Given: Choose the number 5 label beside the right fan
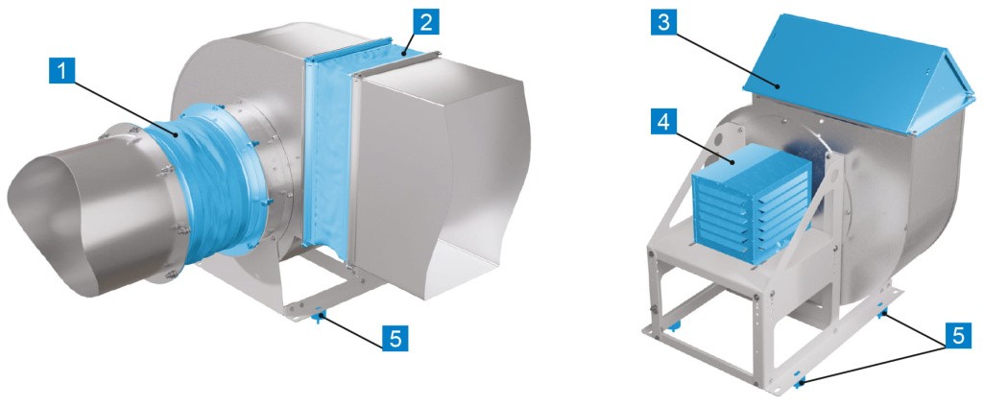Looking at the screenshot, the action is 958,336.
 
